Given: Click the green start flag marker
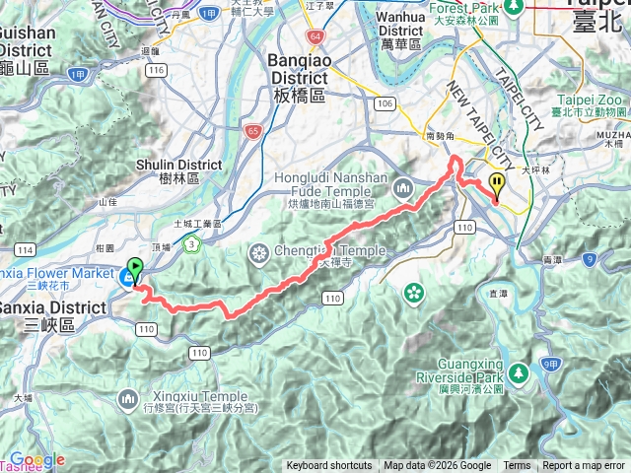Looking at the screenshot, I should click(x=134, y=267).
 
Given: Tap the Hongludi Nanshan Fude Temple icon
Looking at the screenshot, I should click(x=403, y=186).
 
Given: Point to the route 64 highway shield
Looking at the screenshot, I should click(x=315, y=36).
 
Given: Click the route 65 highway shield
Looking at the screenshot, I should click(x=253, y=129).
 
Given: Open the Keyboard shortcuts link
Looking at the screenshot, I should click(x=329, y=466).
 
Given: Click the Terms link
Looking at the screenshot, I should click(x=517, y=466).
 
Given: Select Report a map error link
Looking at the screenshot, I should click(x=585, y=466).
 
